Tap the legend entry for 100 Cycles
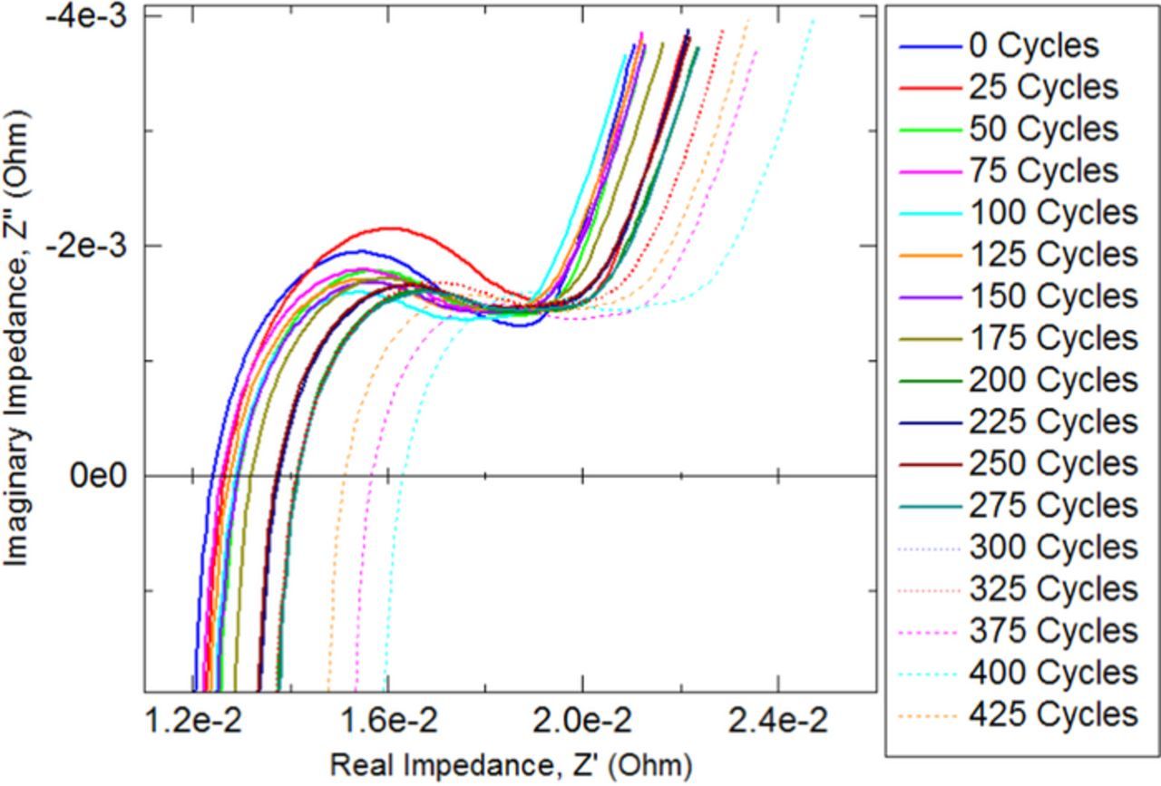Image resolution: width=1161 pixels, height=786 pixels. coord(1053,212)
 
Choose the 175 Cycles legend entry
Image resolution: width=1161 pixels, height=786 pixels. coord(1053,338)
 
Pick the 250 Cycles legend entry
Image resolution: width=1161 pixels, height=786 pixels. coord(1053,463)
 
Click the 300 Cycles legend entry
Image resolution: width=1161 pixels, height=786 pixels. coord(1053,547)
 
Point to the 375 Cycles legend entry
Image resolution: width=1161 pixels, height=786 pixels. coord(1053,631)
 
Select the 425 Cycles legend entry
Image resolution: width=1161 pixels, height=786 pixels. coord(1053,714)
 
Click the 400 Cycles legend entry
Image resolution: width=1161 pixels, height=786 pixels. coord(1053,673)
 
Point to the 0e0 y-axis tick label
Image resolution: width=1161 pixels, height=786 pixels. coord(102,475)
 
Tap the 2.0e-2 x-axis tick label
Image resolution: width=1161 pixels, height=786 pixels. coord(582,723)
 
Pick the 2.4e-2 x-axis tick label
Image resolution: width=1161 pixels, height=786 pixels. coord(777,723)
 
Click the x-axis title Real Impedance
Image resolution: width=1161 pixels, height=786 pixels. coord(510,764)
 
